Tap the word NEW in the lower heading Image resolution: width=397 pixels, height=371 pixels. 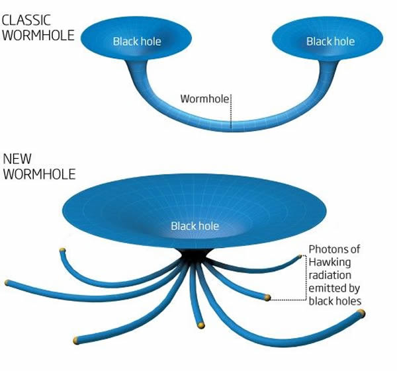[17, 159]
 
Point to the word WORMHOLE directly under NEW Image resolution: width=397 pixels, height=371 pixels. [38, 175]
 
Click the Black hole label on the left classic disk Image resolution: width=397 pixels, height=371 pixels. [137, 42]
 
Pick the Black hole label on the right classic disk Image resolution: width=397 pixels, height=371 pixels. [330, 42]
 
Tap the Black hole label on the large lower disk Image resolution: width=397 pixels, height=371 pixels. [195, 226]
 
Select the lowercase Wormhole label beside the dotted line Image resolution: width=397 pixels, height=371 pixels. [204, 99]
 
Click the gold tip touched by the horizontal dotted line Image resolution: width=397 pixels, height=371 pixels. [267, 298]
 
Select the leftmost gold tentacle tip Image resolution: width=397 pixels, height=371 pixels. [7, 283]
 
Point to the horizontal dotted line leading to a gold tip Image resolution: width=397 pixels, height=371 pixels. [288, 299]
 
